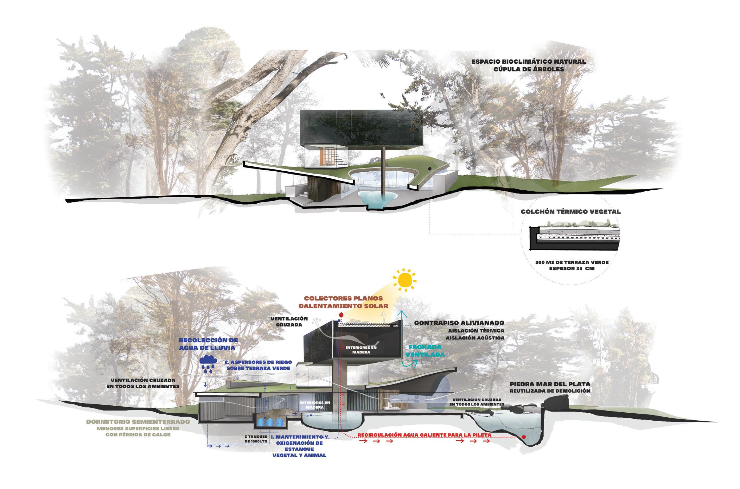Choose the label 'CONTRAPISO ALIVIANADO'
[459, 323]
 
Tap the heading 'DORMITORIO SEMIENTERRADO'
[138, 422]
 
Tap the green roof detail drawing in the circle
[573, 236]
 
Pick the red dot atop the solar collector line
[341, 315]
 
